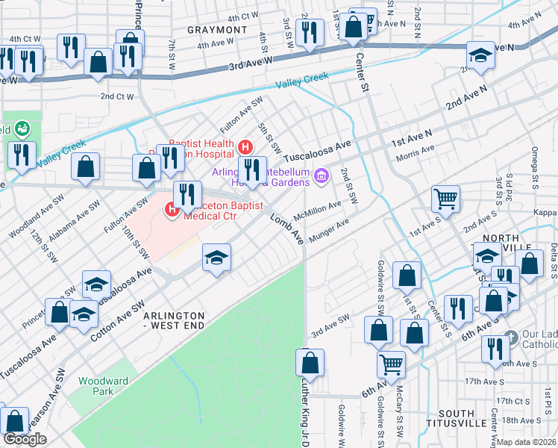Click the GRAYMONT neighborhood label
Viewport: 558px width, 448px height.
[x=217, y=30]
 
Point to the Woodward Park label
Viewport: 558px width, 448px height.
[x=103, y=386]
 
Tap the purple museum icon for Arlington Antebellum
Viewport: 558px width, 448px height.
[x=322, y=176]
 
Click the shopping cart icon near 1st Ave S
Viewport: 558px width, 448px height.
[x=445, y=199]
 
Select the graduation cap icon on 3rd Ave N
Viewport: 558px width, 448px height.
[x=480, y=55]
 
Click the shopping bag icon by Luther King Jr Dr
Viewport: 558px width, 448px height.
[x=310, y=363]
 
